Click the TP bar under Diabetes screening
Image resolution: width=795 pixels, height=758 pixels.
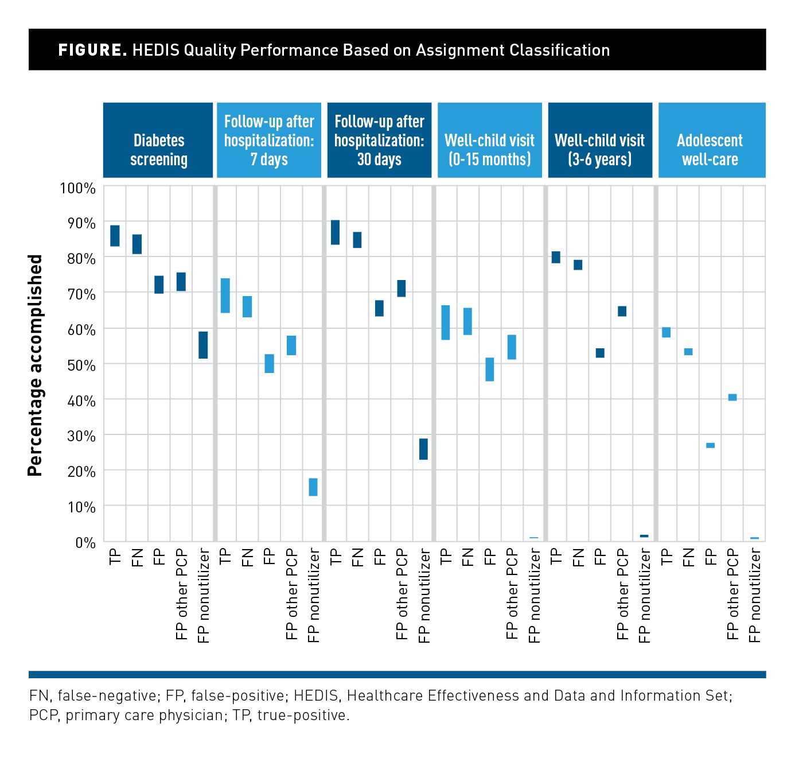115,235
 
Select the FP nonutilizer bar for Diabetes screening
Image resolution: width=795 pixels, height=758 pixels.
203,345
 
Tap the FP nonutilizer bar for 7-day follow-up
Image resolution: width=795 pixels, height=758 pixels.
313,487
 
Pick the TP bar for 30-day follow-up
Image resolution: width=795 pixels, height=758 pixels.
335,232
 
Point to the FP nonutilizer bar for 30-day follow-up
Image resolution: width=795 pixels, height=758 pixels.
423,449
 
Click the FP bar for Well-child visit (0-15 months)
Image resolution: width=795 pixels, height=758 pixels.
489,369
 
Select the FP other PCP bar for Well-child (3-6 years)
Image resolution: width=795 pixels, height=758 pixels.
622,311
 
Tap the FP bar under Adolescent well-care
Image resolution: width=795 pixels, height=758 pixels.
710,445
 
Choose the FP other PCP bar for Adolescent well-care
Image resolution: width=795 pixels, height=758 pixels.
732,397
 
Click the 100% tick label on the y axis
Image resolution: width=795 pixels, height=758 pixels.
77,188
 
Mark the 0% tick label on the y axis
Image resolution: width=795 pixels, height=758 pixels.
85,542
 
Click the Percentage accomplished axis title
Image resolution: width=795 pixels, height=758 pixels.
36,365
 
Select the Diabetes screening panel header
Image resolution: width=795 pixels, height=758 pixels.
158,141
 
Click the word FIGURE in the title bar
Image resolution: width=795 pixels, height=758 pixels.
92,50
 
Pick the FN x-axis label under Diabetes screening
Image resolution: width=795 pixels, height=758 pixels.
137,557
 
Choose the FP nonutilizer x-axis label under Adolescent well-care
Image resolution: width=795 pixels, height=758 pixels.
754,595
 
